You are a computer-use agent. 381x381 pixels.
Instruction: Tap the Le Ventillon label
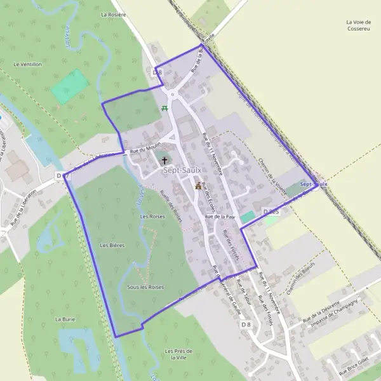pyautogui.click(x=27, y=64)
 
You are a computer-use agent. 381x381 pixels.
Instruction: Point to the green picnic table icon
pyautogui.click(x=165, y=109)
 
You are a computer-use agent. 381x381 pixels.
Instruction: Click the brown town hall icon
pyautogui.click(x=198, y=186)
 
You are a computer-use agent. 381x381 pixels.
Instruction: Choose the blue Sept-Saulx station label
pyautogui.click(x=314, y=184)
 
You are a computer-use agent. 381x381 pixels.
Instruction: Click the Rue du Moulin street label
pyautogui.click(x=143, y=150)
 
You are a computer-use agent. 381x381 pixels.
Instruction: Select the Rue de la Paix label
pyautogui.click(x=220, y=217)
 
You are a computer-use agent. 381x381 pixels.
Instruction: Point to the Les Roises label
pyautogui.click(x=152, y=217)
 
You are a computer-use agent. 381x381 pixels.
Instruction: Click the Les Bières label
pyautogui.click(x=112, y=244)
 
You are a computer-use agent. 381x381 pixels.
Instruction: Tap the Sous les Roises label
pyautogui.click(x=145, y=287)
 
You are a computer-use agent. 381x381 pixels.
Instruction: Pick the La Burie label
pyautogui.click(x=65, y=319)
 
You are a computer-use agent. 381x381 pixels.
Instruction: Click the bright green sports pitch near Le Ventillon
pyautogui.click(x=70, y=86)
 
